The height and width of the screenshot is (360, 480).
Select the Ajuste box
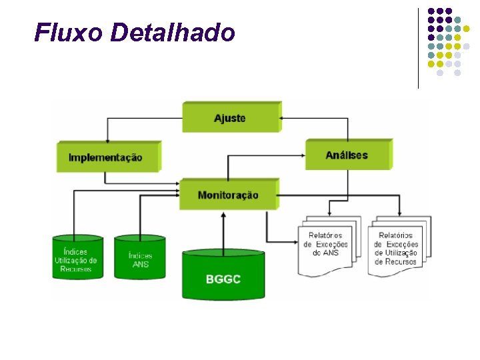point(230,118)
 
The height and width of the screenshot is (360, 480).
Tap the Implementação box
point(107,157)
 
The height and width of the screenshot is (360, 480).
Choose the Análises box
point(347,155)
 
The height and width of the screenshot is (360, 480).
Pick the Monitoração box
point(228,195)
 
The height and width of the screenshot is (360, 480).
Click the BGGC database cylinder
point(223,275)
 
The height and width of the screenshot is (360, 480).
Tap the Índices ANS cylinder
point(140,259)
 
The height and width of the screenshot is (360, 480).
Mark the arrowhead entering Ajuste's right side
point(283,118)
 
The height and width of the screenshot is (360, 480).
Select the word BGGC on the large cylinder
point(223,279)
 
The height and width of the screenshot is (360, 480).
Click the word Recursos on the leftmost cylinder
point(76,269)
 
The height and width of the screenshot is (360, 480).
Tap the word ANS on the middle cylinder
point(140,264)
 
